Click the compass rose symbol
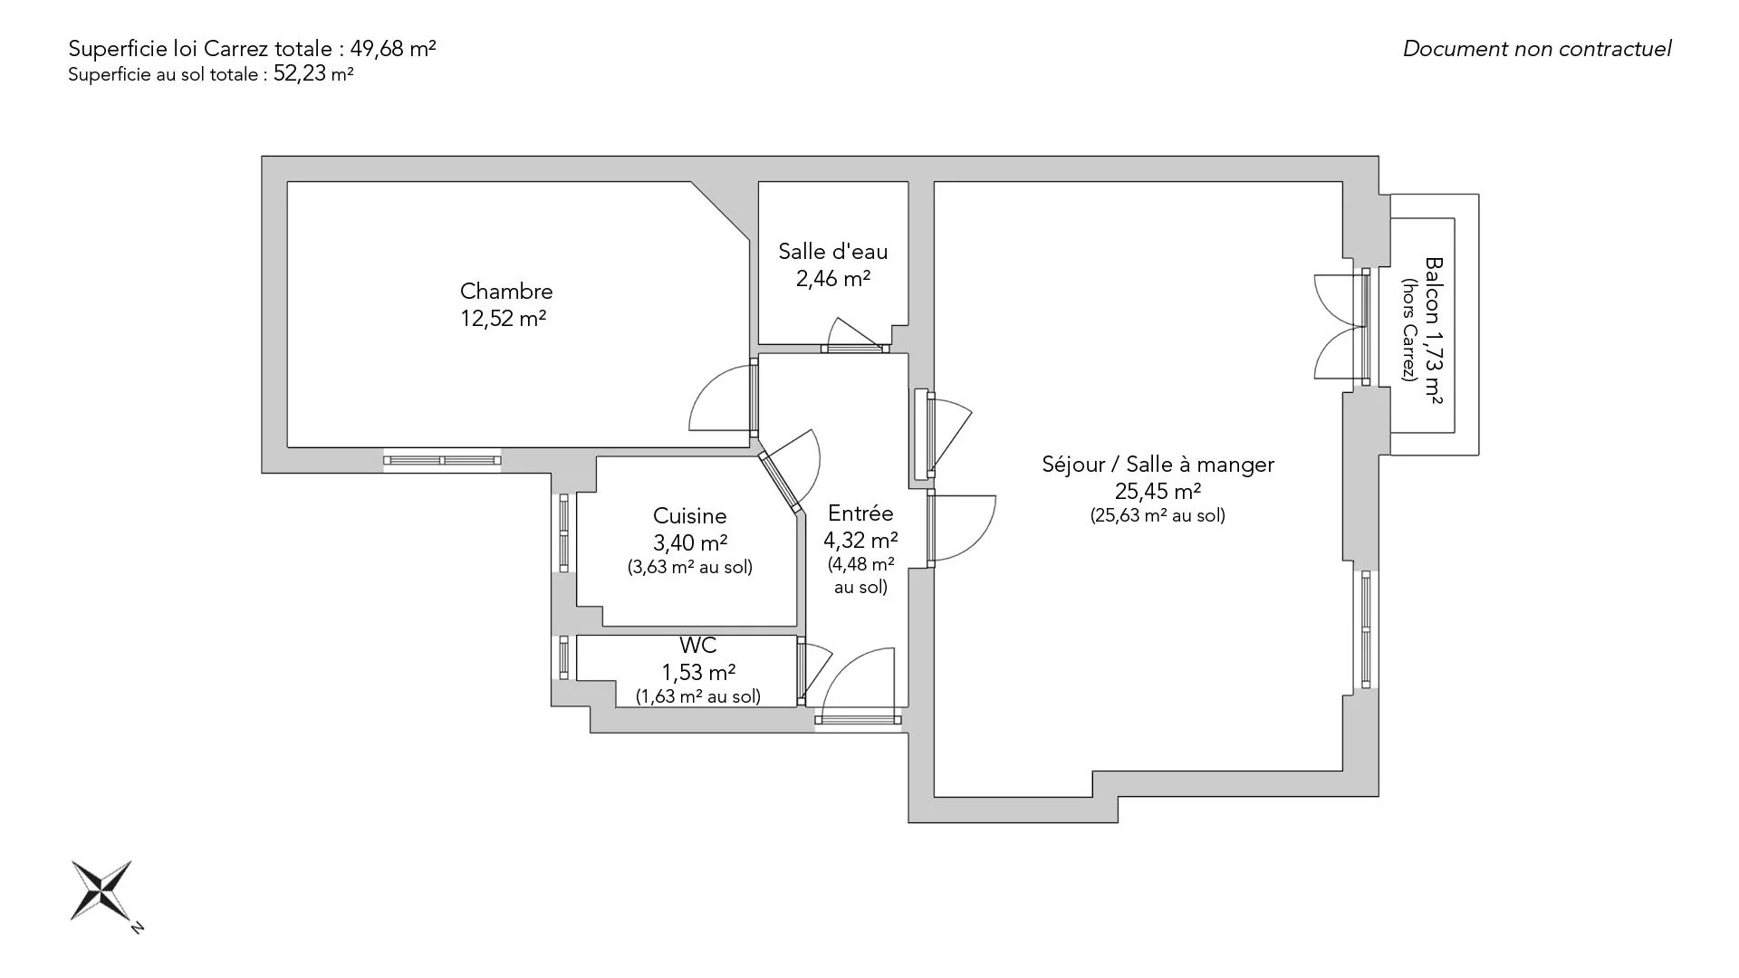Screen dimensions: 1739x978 [x=102, y=891]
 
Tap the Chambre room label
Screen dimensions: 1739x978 [x=506, y=292]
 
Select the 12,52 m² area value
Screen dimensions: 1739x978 [x=504, y=319]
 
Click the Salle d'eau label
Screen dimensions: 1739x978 [x=833, y=252]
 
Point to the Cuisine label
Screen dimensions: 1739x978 [x=690, y=516]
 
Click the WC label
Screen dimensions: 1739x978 [x=698, y=646]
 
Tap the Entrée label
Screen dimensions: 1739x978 [x=860, y=513]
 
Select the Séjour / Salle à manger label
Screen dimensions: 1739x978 [x=1158, y=465]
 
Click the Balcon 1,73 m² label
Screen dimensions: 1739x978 [x=1433, y=331]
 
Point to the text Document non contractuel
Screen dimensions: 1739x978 [x=1537, y=49]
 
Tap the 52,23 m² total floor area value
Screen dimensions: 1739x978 [x=313, y=74]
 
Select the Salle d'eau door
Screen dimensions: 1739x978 [x=855, y=335]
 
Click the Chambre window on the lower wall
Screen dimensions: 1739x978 [x=442, y=461]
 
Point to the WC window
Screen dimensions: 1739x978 [x=563, y=657]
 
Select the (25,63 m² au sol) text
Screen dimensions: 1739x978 [x=1158, y=516]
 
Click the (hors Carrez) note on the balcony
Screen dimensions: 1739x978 [x=1408, y=330]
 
